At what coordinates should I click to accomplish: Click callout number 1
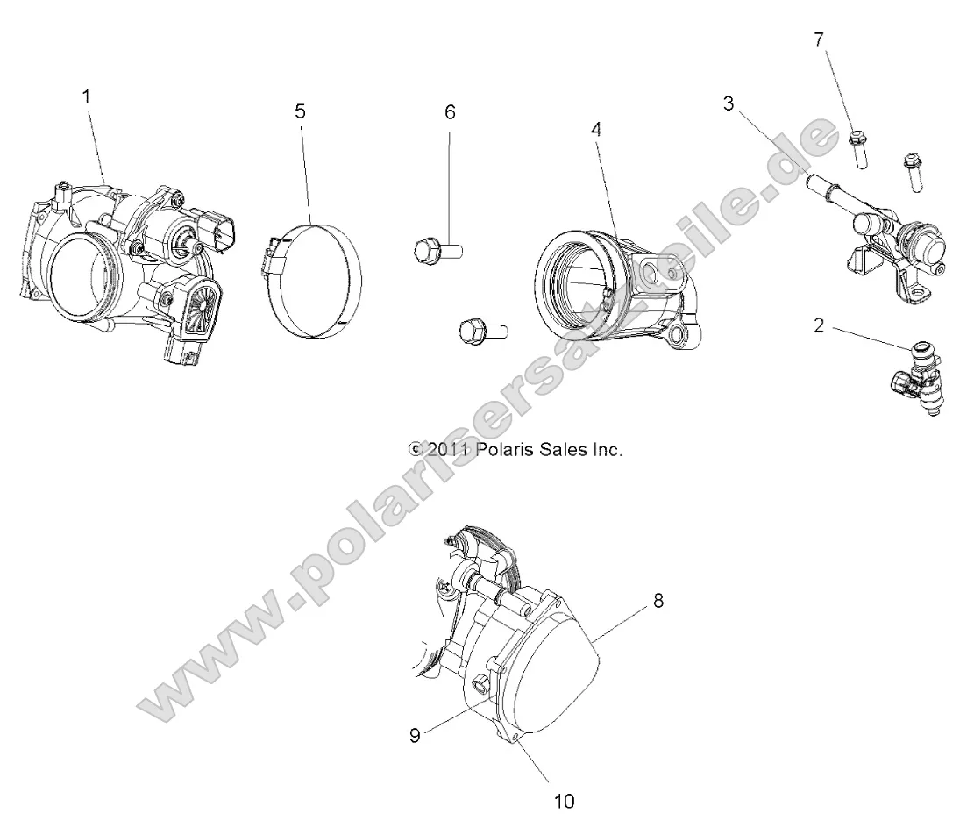pyautogui.click(x=86, y=97)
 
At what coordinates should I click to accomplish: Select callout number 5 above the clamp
pyautogui.click(x=300, y=111)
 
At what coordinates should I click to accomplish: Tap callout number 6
pyautogui.click(x=451, y=111)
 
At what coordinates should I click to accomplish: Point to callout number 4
pyautogui.click(x=596, y=129)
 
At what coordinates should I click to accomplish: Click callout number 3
pyautogui.click(x=729, y=103)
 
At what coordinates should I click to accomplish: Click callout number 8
pyautogui.click(x=658, y=601)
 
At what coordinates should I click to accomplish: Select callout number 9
pyautogui.click(x=416, y=735)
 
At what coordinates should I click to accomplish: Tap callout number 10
pyautogui.click(x=565, y=800)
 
